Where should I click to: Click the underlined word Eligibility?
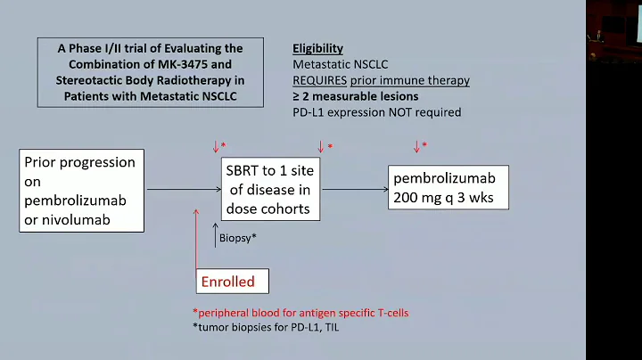(x=317, y=48)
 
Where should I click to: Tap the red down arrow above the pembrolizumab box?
(x=416, y=146)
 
